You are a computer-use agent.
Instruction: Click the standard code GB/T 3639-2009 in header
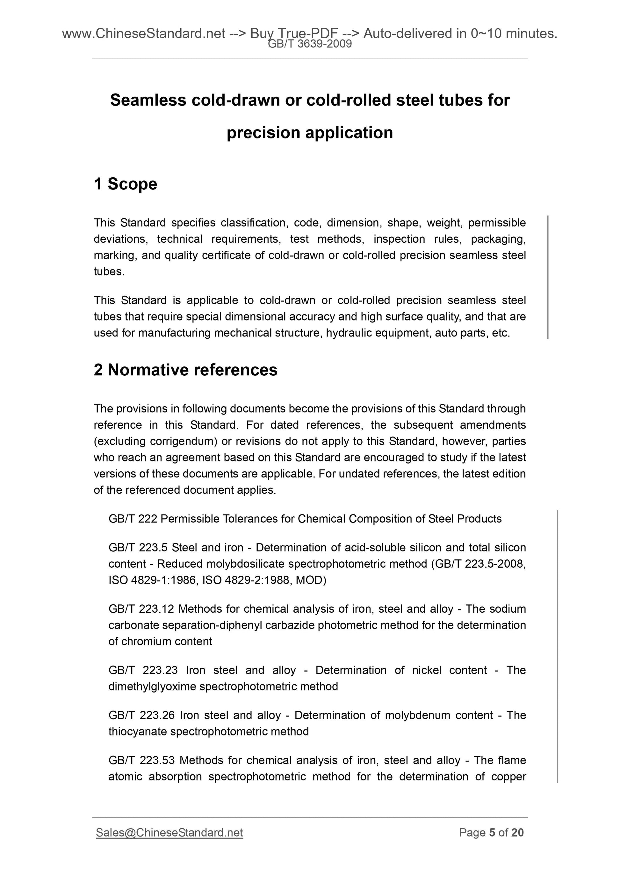(x=309, y=44)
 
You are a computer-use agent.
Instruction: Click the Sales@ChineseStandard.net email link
(x=169, y=832)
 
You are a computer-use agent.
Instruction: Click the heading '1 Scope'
(x=125, y=184)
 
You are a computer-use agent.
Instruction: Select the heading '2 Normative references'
(x=186, y=370)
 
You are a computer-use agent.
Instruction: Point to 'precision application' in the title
(x=309, y=133)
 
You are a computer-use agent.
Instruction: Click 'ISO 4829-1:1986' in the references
(x=153, y=580)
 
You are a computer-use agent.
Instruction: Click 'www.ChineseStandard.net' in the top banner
(x=143, y=34)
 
